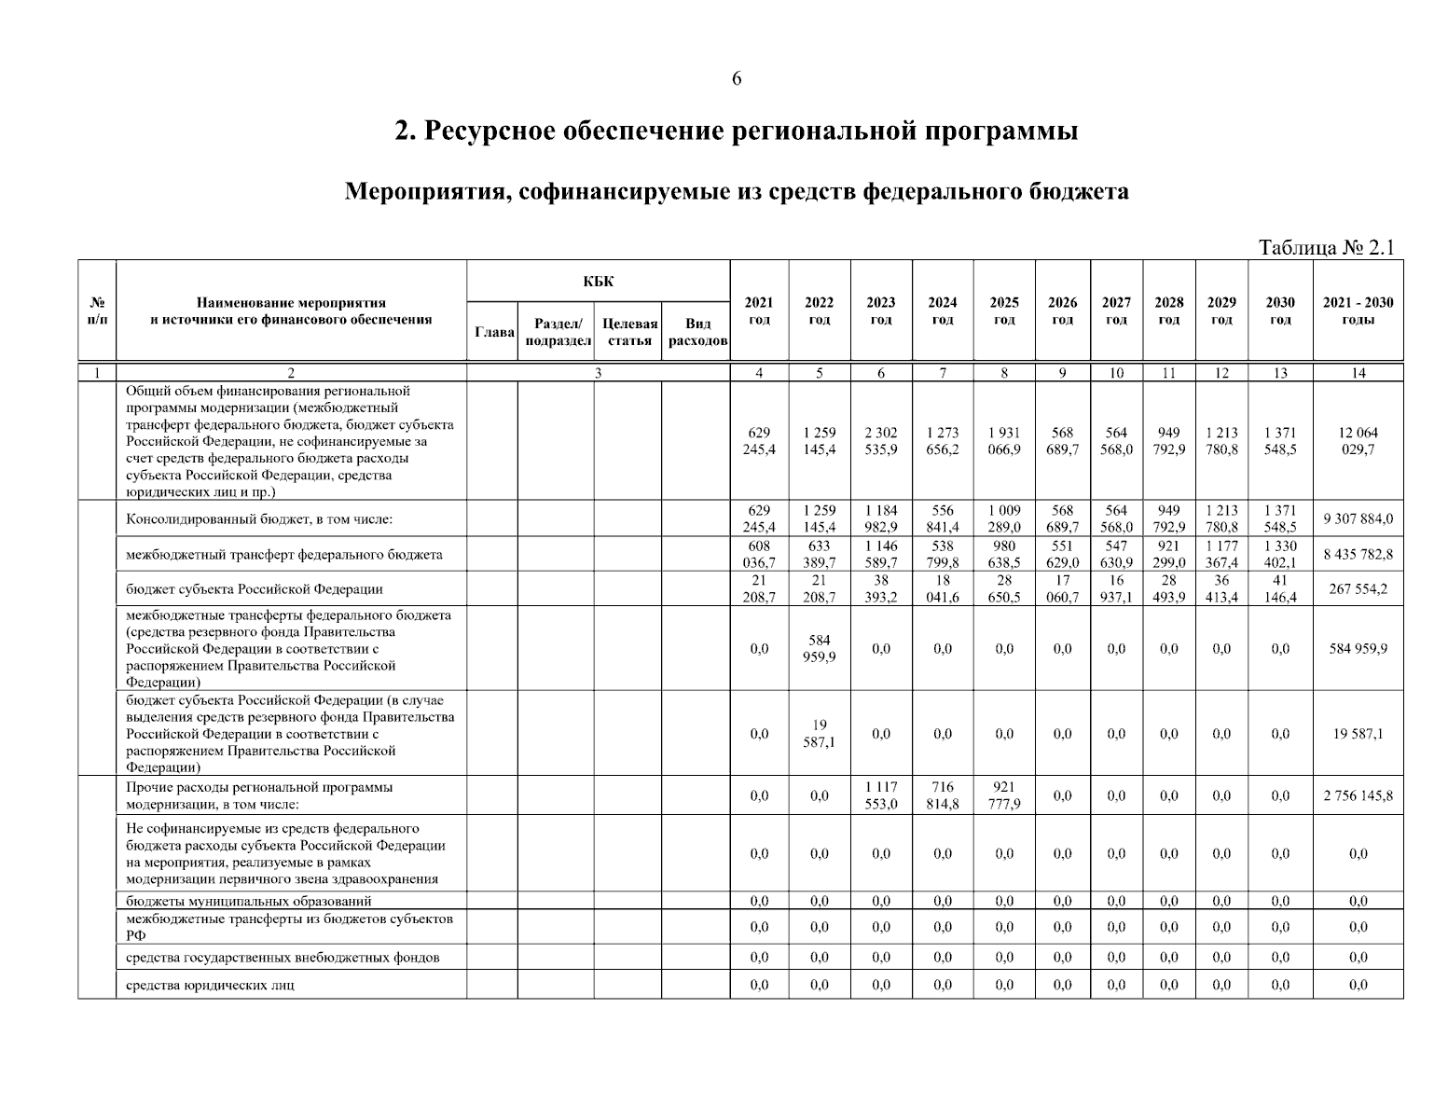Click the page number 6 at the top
point(737,79)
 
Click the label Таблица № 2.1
point(1325,248)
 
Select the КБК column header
point(598,282)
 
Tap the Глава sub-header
point(493,332)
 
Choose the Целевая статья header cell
point(629,332)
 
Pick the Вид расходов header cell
point(696,332)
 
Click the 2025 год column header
point(1003,311)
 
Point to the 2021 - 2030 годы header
point(1357,311)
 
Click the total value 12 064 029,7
point(1357,441)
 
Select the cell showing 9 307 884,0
point(1357,519)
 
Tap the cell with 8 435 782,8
point(1357,554)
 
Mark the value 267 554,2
point(1357,589)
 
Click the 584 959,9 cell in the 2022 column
point(819,648)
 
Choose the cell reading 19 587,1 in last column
point(1357,734)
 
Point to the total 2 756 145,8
point(1357,796)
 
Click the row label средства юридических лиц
point(211,985)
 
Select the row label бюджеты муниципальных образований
point(249,901)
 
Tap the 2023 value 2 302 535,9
point(880,441)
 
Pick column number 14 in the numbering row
point(1357,373)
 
